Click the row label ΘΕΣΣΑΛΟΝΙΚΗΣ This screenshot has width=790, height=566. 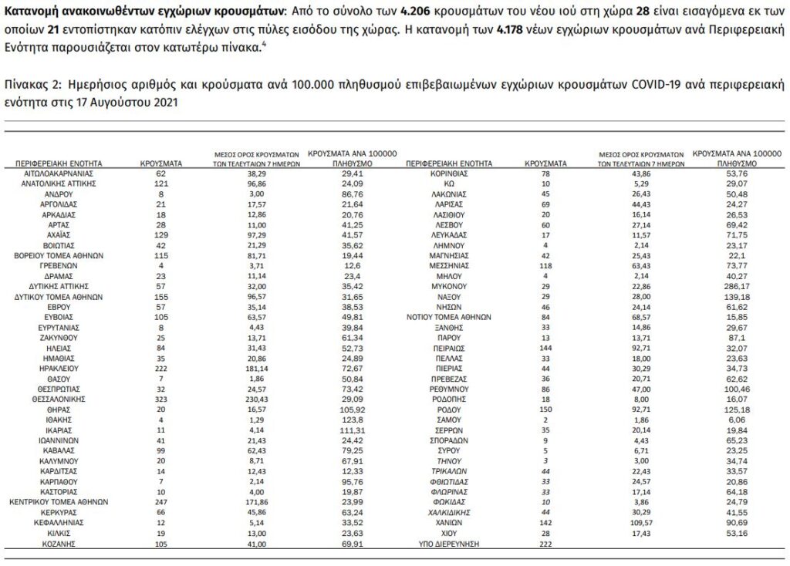tap(59, 399)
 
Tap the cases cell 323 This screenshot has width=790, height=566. tap(160, 399)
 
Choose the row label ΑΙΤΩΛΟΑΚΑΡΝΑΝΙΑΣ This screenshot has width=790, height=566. tap(59, 175)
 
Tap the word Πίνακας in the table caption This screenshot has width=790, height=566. tap(25, 83)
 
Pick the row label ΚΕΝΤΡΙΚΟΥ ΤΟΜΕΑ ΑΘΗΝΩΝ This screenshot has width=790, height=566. tap(59, 500)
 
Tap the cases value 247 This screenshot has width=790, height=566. tap(160, 500)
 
